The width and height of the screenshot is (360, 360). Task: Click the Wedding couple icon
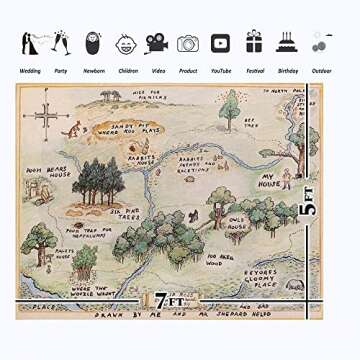coord(30,42)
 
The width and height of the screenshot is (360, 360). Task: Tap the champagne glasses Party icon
coord(61,42)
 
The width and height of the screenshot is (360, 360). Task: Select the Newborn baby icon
coord(93,42)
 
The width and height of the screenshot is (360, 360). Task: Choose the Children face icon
coord(125,43)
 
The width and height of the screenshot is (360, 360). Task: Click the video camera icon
coord(156,43)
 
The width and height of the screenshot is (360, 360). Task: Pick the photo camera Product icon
coord(188,43)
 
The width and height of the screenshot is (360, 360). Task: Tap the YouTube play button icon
coord(220,43)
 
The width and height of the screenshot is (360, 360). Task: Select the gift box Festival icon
coord(254,41)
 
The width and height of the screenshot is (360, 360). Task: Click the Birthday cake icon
coord(287,41)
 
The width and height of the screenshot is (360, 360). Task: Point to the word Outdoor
coord(321,71)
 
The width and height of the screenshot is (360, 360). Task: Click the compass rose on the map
coord(47,118)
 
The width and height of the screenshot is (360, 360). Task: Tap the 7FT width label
coord(172,300)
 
